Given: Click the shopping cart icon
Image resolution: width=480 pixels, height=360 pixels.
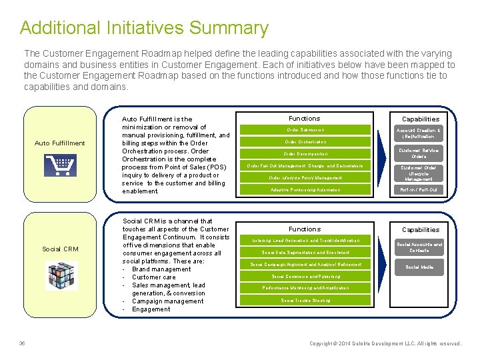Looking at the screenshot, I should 60,165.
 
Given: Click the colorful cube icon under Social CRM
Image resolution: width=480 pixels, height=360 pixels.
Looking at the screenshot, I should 61,275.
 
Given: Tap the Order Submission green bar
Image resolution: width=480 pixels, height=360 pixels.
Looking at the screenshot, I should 305,130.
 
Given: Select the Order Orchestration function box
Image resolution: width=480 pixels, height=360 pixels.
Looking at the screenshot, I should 305,142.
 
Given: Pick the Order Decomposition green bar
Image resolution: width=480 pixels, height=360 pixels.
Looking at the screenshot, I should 305,154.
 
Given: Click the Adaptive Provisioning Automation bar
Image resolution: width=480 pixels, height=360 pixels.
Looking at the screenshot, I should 305,190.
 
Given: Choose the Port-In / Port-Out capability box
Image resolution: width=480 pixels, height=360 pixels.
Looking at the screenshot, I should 419,190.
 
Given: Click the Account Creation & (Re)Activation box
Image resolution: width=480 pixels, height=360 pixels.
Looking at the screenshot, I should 419,133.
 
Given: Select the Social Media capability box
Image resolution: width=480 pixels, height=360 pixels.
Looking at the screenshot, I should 419,267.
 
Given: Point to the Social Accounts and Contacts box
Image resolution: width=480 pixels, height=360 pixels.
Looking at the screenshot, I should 419,247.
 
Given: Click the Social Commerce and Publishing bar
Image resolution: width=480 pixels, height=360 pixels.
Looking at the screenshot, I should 305,277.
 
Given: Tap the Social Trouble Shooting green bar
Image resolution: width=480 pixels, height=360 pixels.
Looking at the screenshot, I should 305,301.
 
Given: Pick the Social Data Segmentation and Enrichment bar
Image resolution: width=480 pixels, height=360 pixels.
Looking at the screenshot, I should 305,253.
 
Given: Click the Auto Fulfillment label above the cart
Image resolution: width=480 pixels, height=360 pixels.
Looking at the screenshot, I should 60,143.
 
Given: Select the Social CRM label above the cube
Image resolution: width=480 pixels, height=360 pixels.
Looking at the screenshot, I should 60,249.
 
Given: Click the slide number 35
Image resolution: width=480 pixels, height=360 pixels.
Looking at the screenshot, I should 22,344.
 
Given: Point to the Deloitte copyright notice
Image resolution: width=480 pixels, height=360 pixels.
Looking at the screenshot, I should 385,344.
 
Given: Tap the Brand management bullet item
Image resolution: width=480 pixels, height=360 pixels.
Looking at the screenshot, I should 161,269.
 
